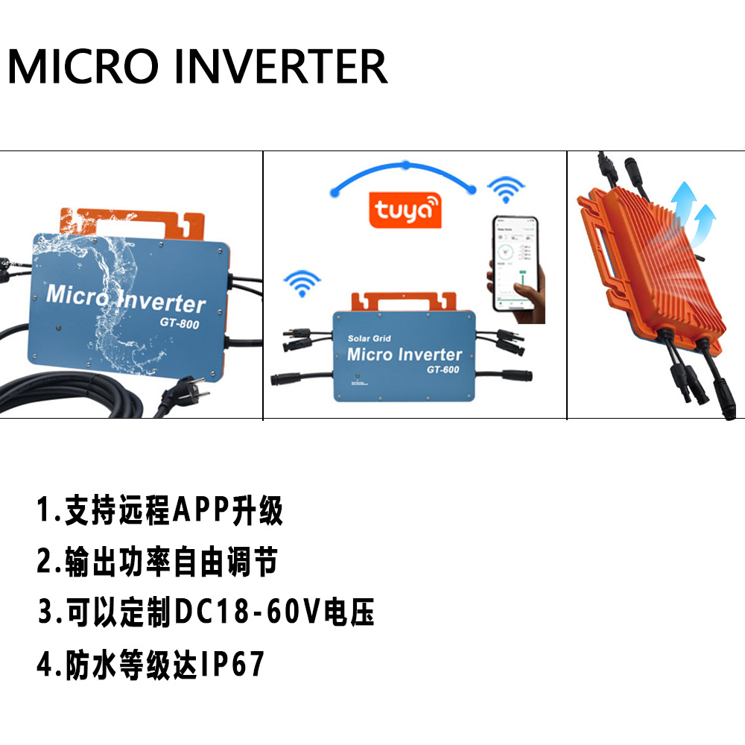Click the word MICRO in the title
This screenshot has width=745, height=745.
[x=84, y=66]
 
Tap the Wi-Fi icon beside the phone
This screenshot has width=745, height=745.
[x=505, y=191]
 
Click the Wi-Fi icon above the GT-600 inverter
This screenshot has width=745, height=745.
[x=302, y=284]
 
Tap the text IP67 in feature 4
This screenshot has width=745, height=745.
[x=232, y=664]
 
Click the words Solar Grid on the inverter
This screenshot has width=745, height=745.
[x=370, y=339]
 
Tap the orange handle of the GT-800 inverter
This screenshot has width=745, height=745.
[x=130, y=221]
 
